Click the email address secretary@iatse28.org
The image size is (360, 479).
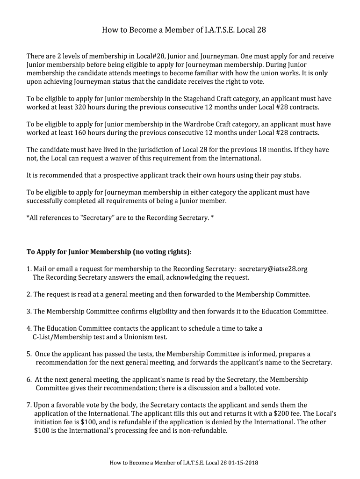(273, 269)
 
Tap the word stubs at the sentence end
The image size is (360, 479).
(291, 175)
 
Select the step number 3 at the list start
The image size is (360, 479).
(29, 312)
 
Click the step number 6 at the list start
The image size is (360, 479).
(29, 379)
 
